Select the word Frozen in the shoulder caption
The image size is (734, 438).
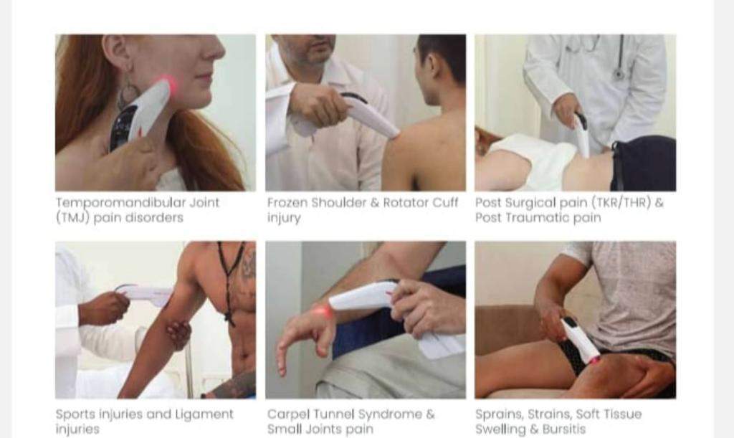tap(287, 203)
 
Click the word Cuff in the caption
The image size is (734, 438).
tap(445, 203)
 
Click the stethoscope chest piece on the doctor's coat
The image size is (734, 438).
tap(619, 73)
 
